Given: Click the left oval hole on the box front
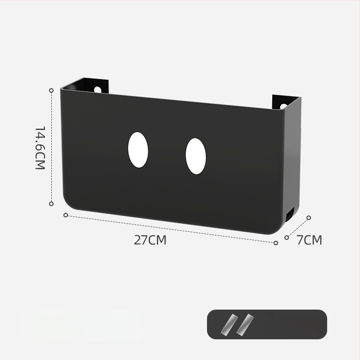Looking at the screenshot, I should (138, 150).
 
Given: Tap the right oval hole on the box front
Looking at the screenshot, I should (196, 156).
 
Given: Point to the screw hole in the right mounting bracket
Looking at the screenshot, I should (284, 107).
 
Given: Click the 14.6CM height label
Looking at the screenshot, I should (40, 147).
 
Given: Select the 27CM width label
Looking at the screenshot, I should (150, 240).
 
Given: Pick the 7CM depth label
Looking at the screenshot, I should (309, 240).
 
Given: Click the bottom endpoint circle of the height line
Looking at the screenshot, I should (51, 203).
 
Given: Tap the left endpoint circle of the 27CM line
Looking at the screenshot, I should (66, 215).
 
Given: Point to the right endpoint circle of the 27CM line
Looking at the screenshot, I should (276, 243).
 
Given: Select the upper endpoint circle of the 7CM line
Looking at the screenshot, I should (309, 218).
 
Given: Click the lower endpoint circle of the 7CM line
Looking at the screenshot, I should (287, 237).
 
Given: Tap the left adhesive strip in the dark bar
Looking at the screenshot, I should (230, 324).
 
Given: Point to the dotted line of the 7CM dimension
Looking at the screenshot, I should (298, 227).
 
